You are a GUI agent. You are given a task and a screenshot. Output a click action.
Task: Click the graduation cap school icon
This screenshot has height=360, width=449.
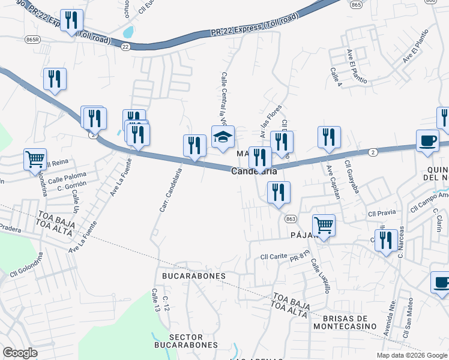[223, 137]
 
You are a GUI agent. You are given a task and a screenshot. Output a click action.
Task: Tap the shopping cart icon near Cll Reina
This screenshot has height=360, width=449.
[35, 160]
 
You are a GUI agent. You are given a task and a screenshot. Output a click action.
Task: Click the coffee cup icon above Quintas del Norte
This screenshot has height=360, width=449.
[427, 140]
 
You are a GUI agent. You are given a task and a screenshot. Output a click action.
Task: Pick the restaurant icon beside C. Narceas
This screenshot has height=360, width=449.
[386, 241]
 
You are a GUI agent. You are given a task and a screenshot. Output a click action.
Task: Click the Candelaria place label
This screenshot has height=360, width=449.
[255, 172]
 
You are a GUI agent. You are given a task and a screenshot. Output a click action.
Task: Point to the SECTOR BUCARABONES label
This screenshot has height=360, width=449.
[185, 340]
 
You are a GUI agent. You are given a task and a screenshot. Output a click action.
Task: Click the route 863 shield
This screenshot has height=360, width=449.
[291, 218]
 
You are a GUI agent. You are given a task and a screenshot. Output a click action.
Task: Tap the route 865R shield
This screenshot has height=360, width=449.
[34, 39]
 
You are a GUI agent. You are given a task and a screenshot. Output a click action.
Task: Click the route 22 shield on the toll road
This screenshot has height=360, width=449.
[125, 46]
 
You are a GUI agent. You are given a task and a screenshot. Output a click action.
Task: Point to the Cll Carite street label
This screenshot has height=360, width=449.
[274, 257]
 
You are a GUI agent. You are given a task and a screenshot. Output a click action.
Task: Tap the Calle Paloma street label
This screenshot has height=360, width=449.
[67, 178]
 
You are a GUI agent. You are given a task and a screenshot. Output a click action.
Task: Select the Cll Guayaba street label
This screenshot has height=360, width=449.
[352, 176]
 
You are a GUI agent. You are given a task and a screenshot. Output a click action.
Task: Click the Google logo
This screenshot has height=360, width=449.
[20, 352]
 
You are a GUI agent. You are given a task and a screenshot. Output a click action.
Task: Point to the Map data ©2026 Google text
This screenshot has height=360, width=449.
[411, 355]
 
